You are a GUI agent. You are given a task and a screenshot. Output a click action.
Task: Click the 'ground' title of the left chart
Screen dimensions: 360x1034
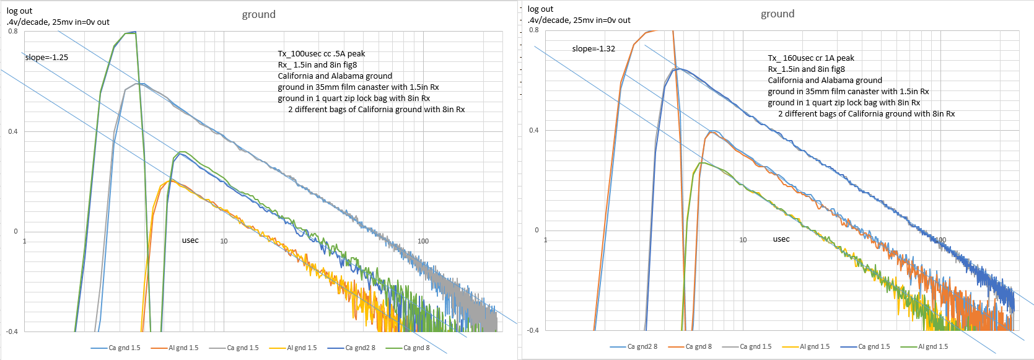pyautogui.click(x=258, y=14)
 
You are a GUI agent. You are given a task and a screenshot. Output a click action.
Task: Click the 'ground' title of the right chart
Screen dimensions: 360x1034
pyautogui.click(x=778, y=14)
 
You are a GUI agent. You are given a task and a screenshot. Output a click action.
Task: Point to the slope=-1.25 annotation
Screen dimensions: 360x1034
pyautogui.click(x=46, y=57)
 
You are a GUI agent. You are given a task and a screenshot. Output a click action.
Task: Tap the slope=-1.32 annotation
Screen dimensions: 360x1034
pyautogui.click(x=594, y=48)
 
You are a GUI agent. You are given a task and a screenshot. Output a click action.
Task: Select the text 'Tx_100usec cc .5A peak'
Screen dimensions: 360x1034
pyautogui.click(x=321, y=53)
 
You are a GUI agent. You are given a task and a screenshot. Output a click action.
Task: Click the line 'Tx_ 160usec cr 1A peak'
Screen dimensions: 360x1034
pyautogui.click(x=811, y=58)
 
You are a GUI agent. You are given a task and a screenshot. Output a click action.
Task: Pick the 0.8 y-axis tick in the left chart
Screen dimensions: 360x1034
pyautogui.click(x=13, y=31)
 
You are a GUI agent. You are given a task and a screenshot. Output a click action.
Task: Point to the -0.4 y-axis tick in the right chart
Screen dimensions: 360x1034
pyautogui.click(x=533, y=330)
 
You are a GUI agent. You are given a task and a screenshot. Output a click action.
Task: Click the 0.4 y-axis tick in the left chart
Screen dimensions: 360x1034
pyautogui.click(x=13, y=131)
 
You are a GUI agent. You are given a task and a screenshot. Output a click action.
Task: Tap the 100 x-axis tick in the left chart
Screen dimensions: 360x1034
pyautogui.click(x=423, y=241)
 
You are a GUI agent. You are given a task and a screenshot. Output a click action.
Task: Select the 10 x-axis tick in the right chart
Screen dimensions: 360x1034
pyautogui.click(x=743, y=240)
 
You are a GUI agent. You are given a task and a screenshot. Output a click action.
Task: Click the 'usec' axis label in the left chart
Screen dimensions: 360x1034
pyautogui.click(x=190, y=240)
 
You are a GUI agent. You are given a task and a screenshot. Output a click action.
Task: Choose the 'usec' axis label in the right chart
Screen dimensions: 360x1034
pyautogui.click(x=781, y=239)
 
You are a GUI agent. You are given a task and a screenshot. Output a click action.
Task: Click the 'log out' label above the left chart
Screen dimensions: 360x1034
pyautogui.click(x=19, y=11)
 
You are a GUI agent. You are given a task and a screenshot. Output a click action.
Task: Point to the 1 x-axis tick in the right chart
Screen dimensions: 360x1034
pyautogui.click(x=545, y=240)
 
